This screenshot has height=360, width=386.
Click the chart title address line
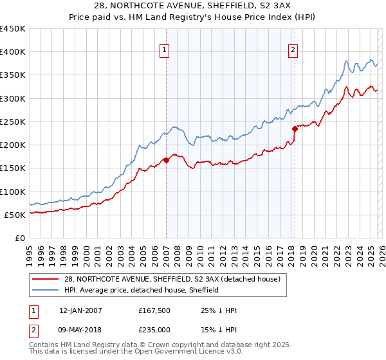click(193, 5)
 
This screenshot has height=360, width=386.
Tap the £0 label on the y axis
click(20, 238)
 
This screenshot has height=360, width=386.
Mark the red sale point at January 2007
click(166, 160)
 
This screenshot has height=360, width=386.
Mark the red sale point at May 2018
click(295, 129)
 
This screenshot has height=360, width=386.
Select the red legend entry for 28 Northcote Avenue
click(172, 280)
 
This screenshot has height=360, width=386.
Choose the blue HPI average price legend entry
click(142, 290)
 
